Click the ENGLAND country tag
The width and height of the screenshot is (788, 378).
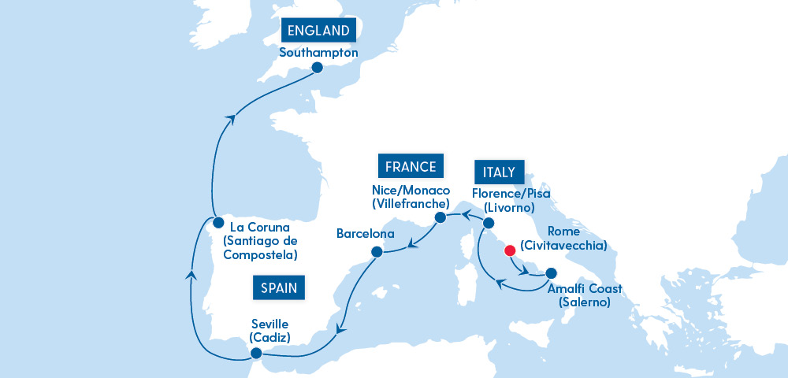(x=318, y=31)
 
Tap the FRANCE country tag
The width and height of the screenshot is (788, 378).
(x=411, y=166)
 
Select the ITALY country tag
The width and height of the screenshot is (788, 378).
(x=495, y=172)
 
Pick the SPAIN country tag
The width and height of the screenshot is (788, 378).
(x=279, y=287)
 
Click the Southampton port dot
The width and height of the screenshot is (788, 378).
(x=317, y=68)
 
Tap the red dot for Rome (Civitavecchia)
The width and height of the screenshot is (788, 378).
(x=509, y=251)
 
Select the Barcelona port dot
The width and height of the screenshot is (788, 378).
(x=377, y=252)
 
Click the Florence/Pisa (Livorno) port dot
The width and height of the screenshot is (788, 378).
(x=488, y=224)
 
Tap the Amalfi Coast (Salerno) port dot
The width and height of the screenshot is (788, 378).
(x=550, y=273)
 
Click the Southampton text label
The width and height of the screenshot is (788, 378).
(x=318, y=53)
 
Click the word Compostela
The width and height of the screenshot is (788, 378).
(x=260, y=255)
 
